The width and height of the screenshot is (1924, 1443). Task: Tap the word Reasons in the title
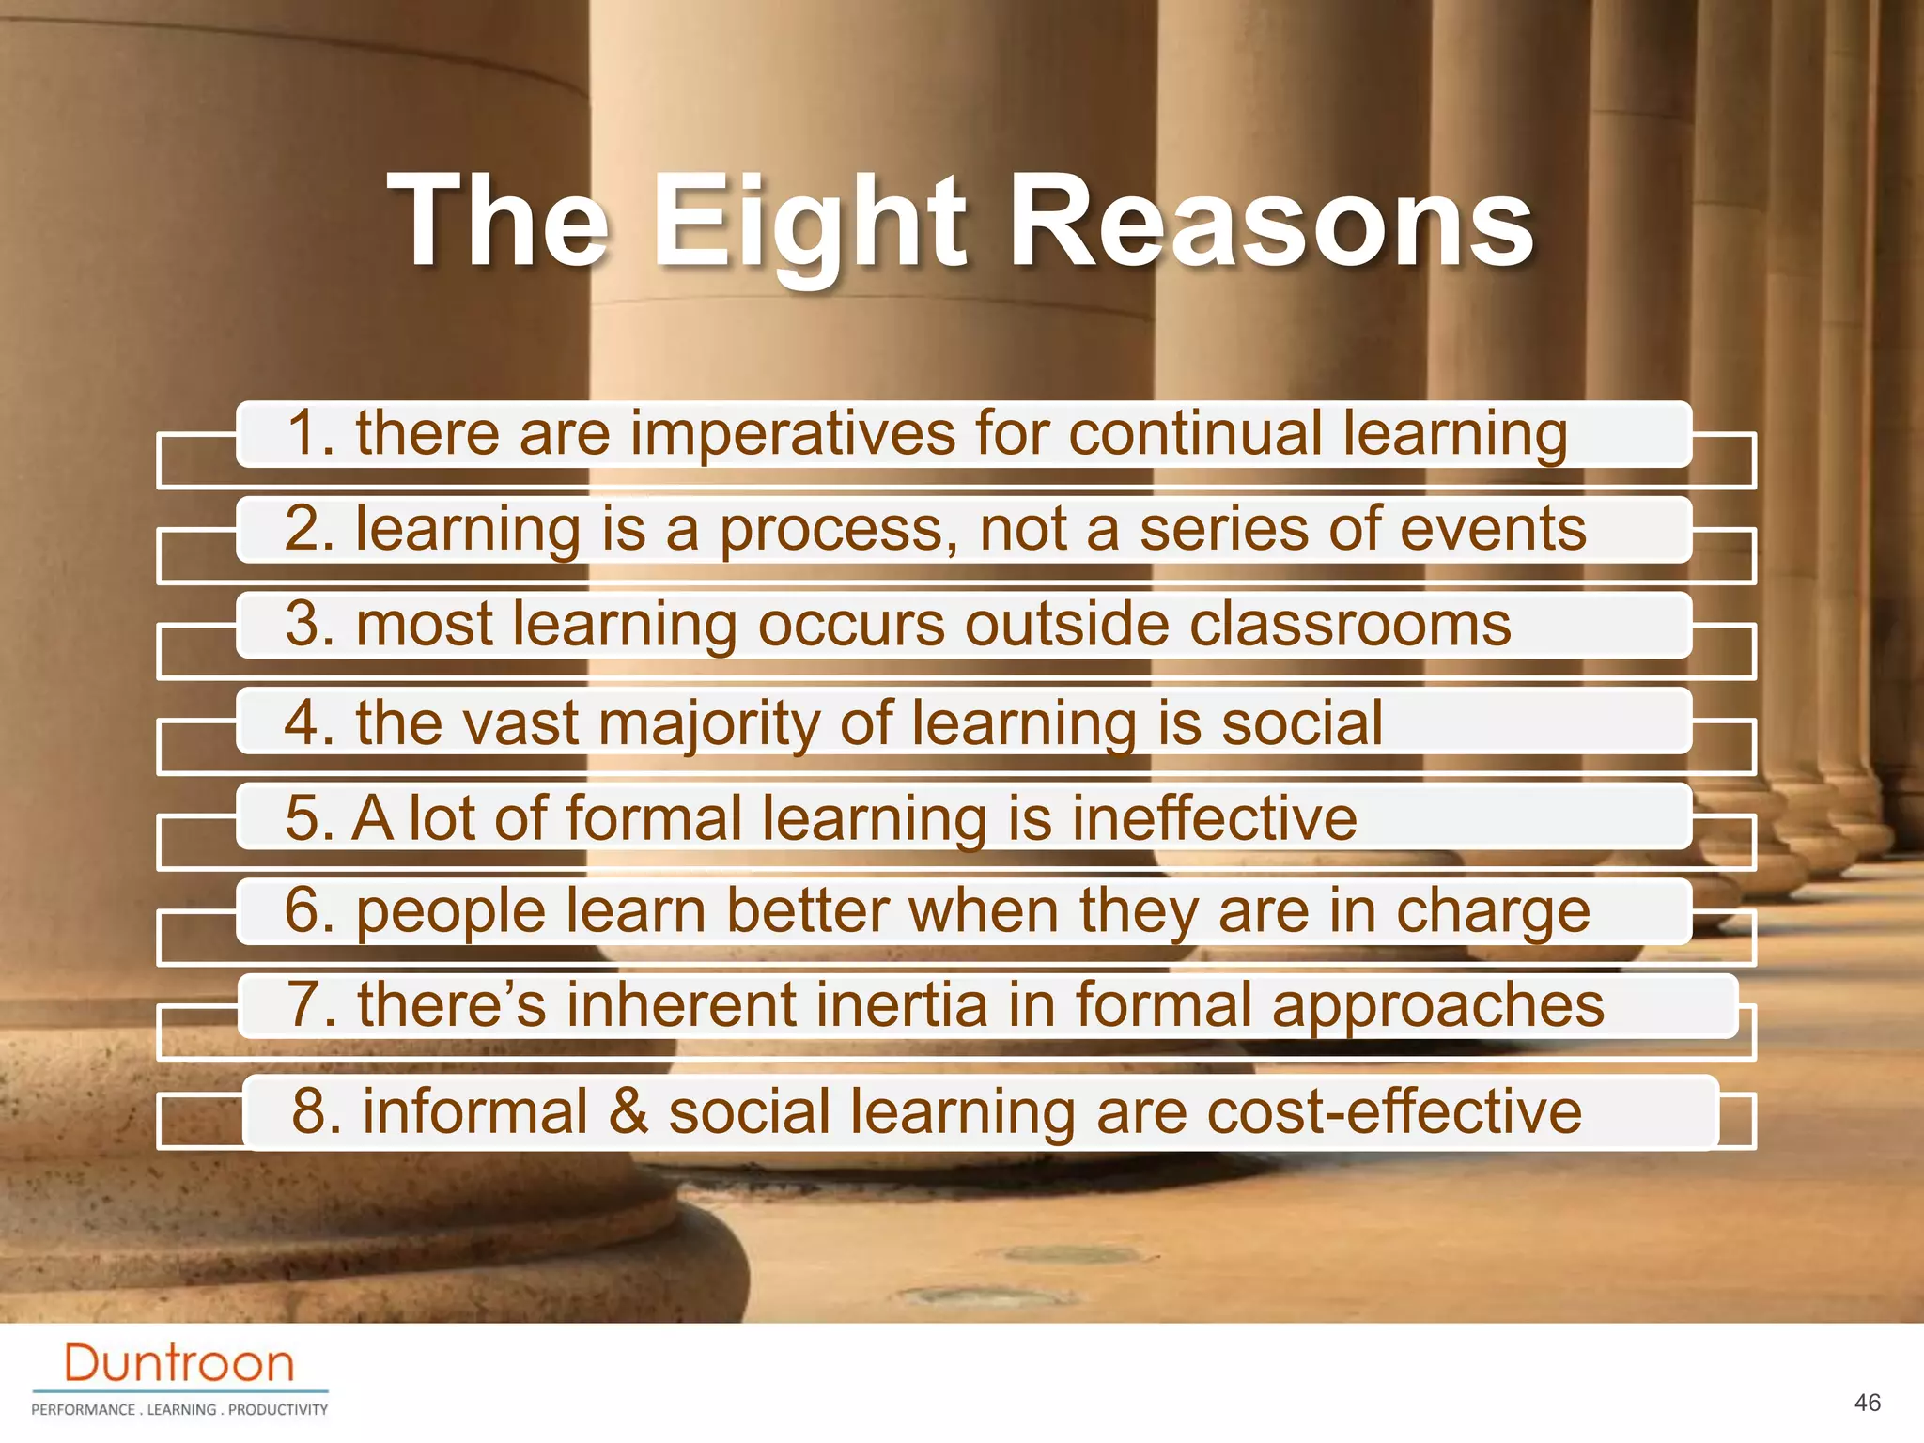tap(1270, 225)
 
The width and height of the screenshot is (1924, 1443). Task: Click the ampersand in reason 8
tap(628, 1111)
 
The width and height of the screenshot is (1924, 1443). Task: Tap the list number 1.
tap(311, 434)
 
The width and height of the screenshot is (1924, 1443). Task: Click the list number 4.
tap(309, 723)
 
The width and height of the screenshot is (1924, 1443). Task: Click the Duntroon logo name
tap(179, 1363)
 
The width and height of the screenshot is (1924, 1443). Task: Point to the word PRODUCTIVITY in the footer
tap(278, 1409)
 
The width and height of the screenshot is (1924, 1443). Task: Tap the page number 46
tap(1868, 1403)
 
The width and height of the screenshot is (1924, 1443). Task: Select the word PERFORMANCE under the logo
tap(83, 1409)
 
